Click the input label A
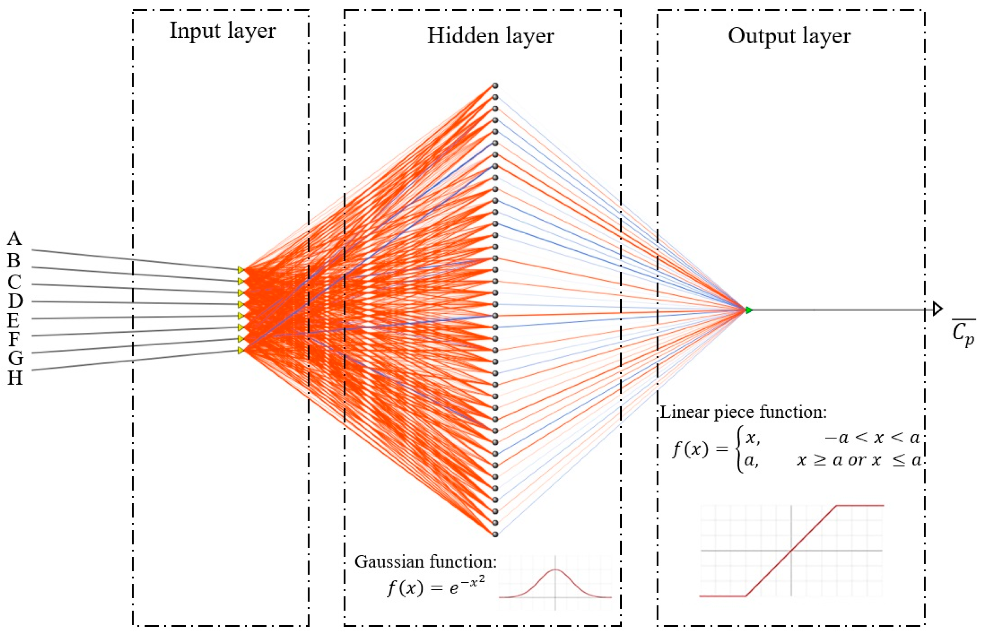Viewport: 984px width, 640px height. (14, 238)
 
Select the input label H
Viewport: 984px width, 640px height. (15, 377)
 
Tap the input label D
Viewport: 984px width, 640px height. (15, 301)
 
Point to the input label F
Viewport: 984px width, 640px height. (14, 339)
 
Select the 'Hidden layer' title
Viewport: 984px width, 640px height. (490, 36)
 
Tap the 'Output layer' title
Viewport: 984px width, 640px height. (789, 36)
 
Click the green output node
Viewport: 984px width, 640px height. (749, 310)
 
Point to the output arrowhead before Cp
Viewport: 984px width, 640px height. (937, 309)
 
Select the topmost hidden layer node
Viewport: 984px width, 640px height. (495, 85)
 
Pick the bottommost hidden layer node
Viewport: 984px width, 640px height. (495, 534)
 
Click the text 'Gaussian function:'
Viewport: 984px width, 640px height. (425, 562)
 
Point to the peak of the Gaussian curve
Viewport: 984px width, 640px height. (555, 570)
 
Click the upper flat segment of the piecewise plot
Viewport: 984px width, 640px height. (860, 505)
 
